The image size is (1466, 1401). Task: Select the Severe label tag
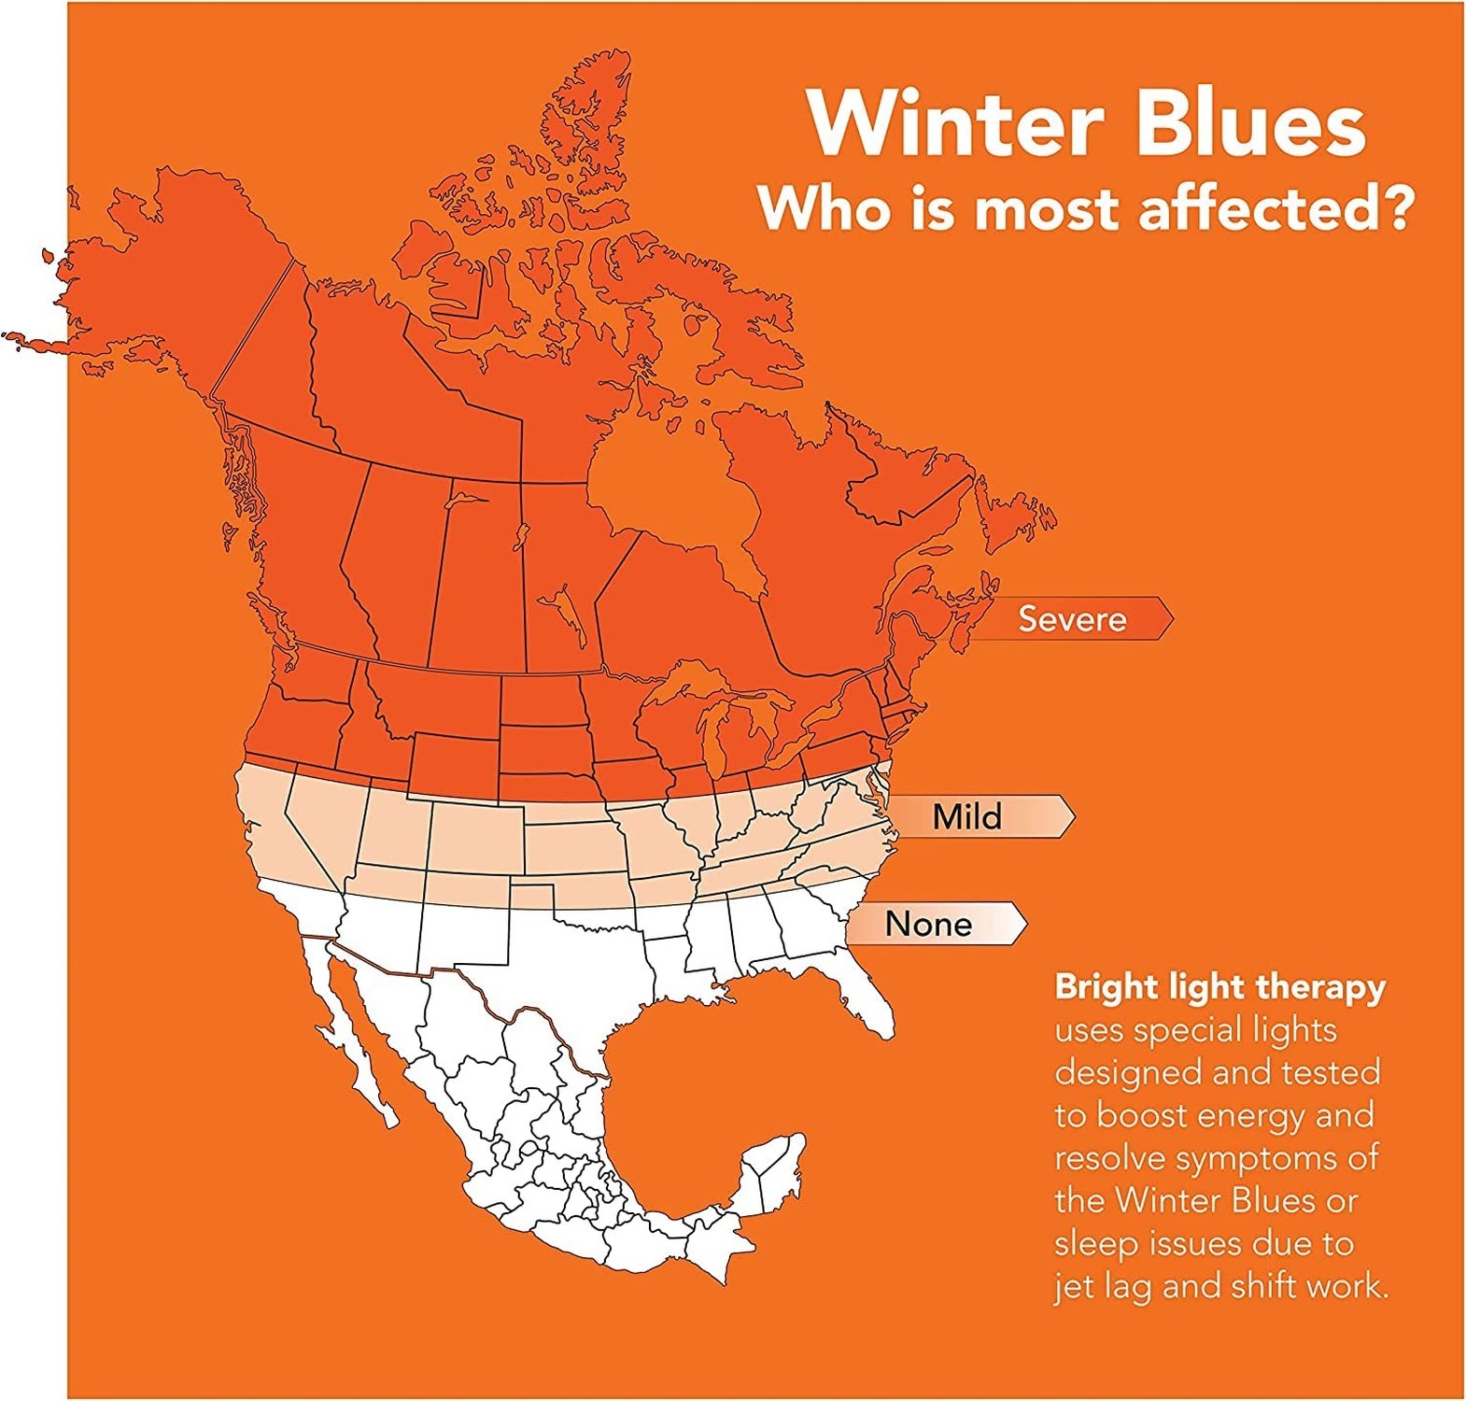[x=1074, y=618]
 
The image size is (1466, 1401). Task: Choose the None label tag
[x=934, y=923]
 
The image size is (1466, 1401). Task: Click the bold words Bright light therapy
[x=1220, y=987]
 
